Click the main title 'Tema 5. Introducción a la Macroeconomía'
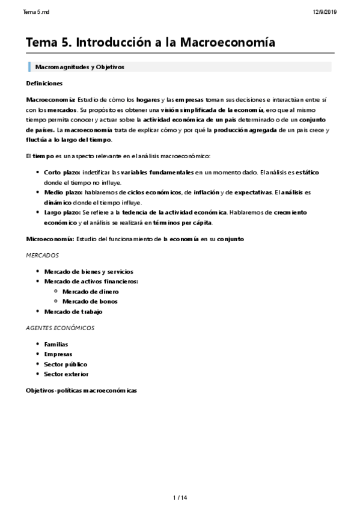click(150, 43)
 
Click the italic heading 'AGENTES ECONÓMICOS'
click(59, 328)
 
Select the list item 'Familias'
click(56, 344)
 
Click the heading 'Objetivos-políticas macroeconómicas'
click(81, 390)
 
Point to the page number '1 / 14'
click(180, 497)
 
